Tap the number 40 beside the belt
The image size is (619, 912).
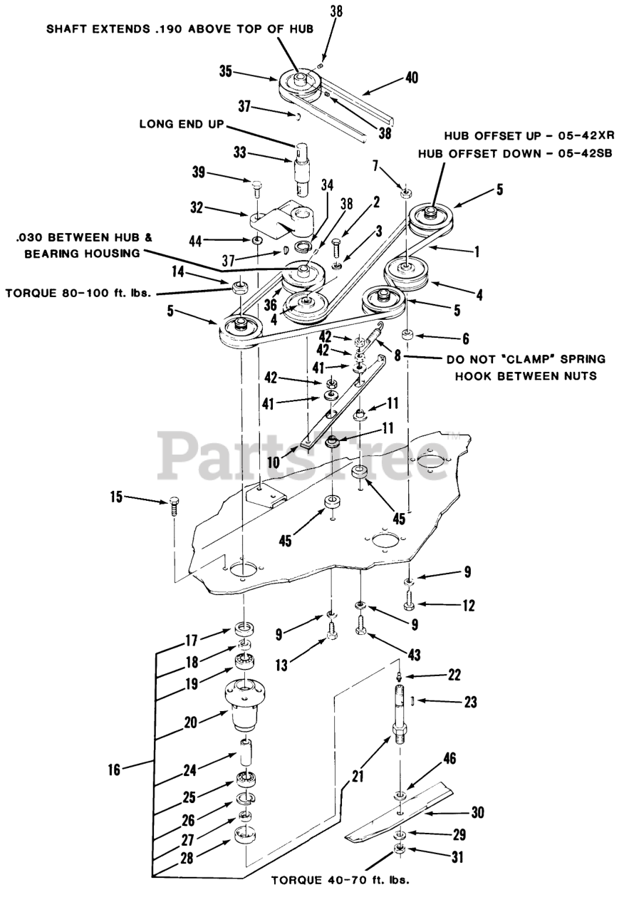click(x=412, y=78)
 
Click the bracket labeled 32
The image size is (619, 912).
click(x=284, y=221)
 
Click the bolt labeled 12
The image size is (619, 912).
click(x=408, y=605)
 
